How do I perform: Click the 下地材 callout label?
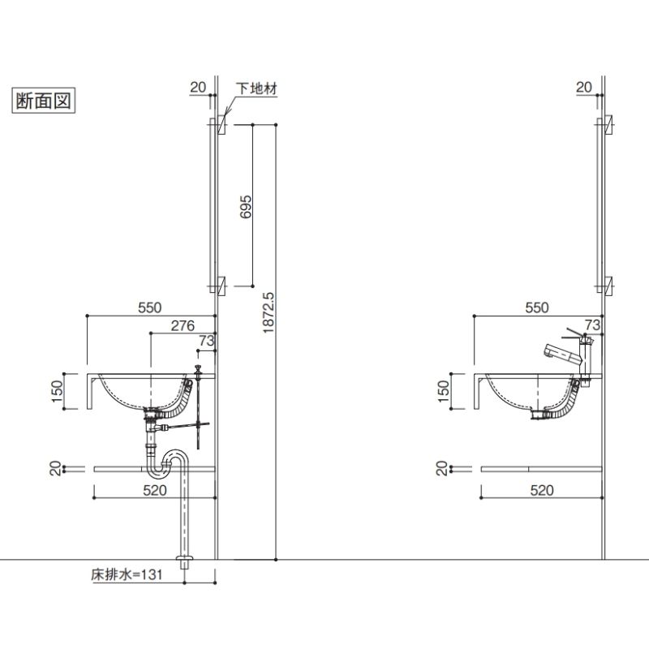(256, 88)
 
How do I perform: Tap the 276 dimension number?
(183, 325)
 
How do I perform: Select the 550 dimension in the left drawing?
(150, 307)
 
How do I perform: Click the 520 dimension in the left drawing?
(155, 490)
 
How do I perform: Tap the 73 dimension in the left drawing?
(205, 341)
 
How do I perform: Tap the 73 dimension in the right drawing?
(592, 325)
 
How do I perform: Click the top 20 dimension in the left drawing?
(198, 87)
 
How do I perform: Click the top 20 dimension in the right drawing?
(584, 87)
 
